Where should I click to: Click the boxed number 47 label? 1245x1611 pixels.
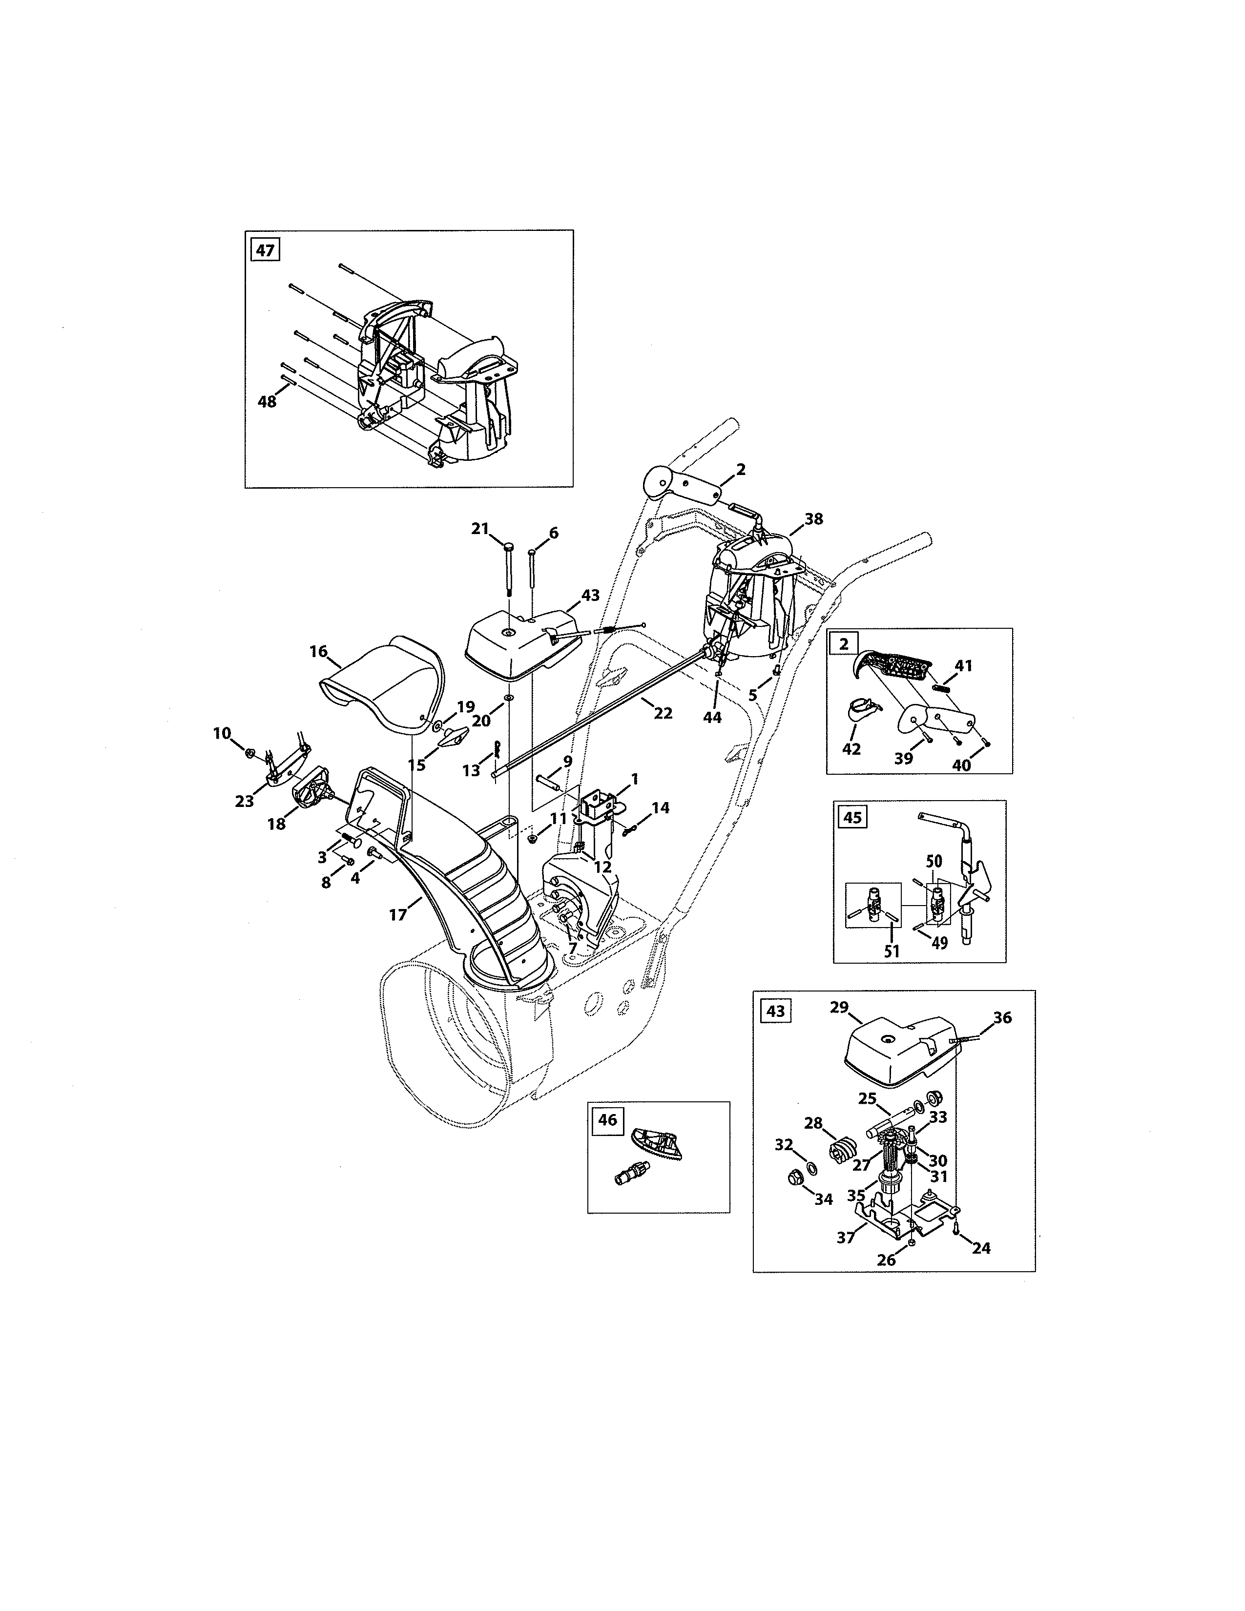(x=265, y=250)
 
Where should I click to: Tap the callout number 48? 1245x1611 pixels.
(x=267, y=402)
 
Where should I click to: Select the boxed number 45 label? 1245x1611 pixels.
(x=852, y=817)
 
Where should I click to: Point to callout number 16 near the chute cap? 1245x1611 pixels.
(x=318, y=651)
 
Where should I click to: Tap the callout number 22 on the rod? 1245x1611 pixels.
(x=663, y=713)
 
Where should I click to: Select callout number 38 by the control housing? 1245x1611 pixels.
(x=813, y=519)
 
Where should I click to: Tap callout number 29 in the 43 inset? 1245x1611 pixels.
(x=839, y=1007)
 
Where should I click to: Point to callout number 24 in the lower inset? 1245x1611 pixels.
(x=981, y=1248)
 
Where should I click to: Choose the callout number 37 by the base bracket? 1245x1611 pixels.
(x=845, y=1237)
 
